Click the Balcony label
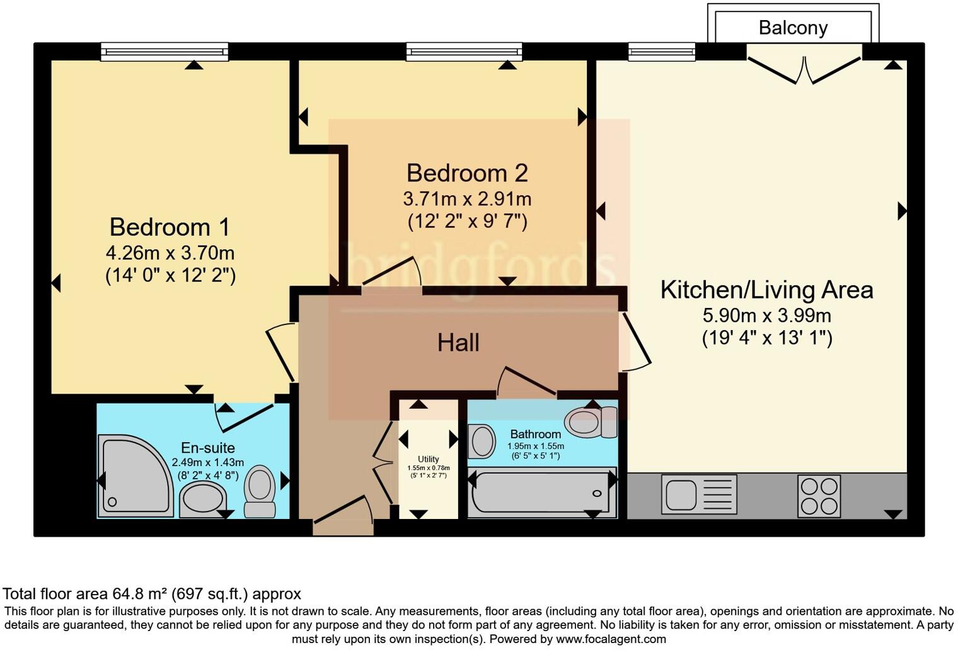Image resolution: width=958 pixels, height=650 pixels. pos(792,28)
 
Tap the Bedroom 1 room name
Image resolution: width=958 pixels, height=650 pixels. pos(170,227)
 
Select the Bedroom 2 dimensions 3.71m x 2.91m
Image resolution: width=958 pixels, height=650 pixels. pos(467,199)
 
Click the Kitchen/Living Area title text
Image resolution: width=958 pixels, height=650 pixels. pos(766,290)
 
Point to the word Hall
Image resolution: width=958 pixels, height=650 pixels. pos(458,343)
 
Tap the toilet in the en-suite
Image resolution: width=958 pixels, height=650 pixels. pos(259,491)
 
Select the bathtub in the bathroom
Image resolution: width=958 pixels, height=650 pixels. pos(541,493)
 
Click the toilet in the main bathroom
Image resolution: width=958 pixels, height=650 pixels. pos(591,421)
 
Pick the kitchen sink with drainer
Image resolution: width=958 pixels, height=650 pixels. pos(698,494)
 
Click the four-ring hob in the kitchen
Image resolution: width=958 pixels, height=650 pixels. pos(819,495)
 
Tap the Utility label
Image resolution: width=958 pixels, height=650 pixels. pos(428,459)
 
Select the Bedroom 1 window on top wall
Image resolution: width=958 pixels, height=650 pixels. pos(164,52)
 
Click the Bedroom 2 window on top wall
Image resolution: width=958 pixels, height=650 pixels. pos(464,52)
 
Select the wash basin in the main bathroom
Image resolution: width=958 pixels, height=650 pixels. pos(482,441)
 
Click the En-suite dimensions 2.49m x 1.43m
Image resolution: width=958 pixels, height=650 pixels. pos(207,462)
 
